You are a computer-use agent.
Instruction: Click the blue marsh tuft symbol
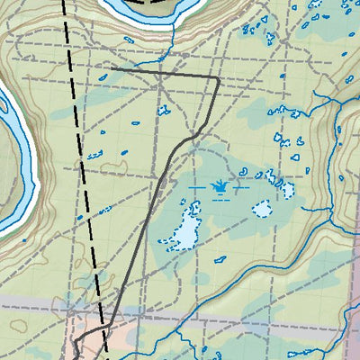pyautogui.click(x=220, y=187)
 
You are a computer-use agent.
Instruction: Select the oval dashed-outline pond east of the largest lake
pyautogui.click(x=262, y=209)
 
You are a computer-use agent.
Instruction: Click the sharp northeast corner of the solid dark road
pyautogui.click(x=219, y=79)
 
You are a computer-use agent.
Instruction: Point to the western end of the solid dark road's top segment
pyautogui.click(x=112, y=69)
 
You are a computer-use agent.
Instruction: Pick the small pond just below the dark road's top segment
pyautogui.click(x=164, y=111)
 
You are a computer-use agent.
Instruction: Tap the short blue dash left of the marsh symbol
pyautogui.click(x=197, y=187)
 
